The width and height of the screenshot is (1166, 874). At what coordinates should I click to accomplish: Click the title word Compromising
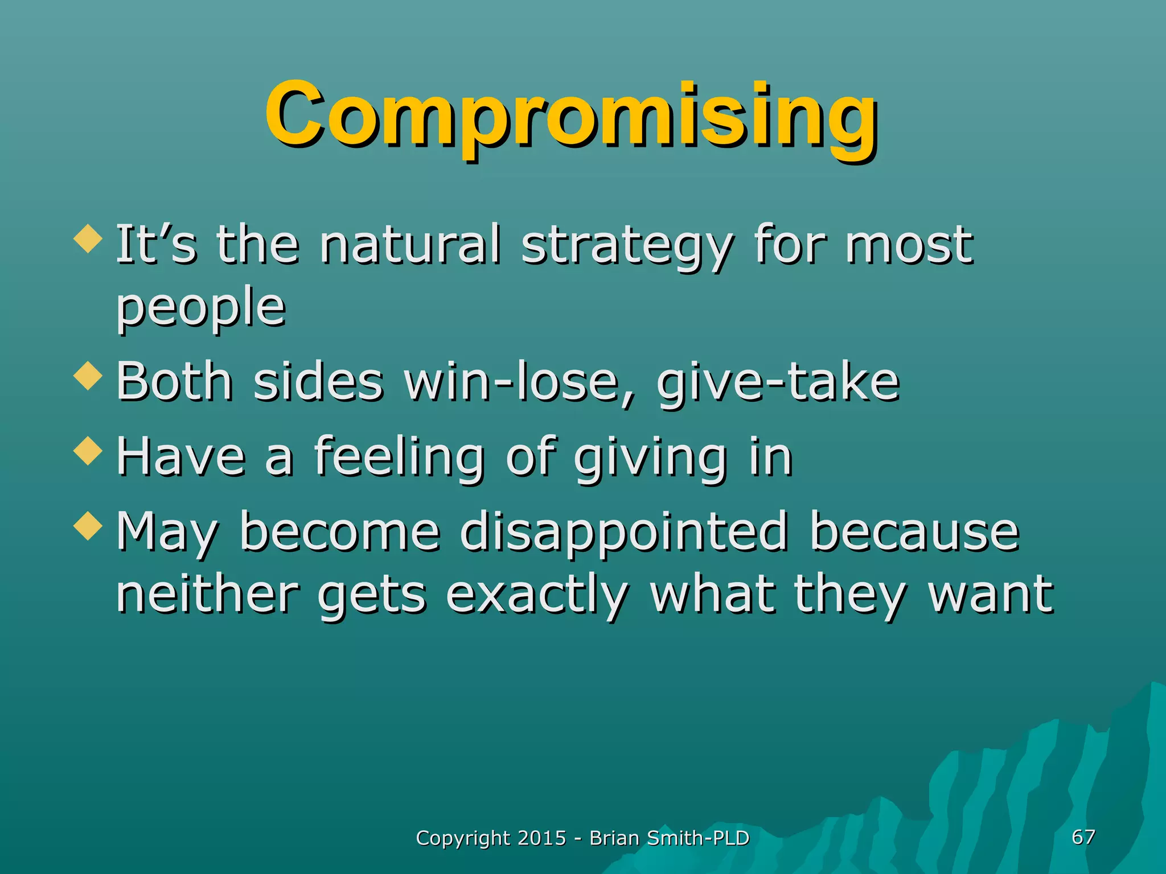pos(571,117)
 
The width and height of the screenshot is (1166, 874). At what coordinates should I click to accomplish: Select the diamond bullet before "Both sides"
pos(88,376)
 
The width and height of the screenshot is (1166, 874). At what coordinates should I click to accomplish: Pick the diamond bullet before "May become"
pos(88,525)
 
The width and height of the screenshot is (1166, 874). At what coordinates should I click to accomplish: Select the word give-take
pos(778,382)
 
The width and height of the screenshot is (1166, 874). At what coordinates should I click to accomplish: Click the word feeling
pos(399,456)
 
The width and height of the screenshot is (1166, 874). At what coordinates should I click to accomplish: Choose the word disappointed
pos(623,533)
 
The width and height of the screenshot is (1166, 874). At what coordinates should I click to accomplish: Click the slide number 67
pos(1083,837)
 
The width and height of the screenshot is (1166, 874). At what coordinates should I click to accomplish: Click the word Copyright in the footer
pos(463,839)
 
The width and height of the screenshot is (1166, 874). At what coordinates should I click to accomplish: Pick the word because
pos(914,532)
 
